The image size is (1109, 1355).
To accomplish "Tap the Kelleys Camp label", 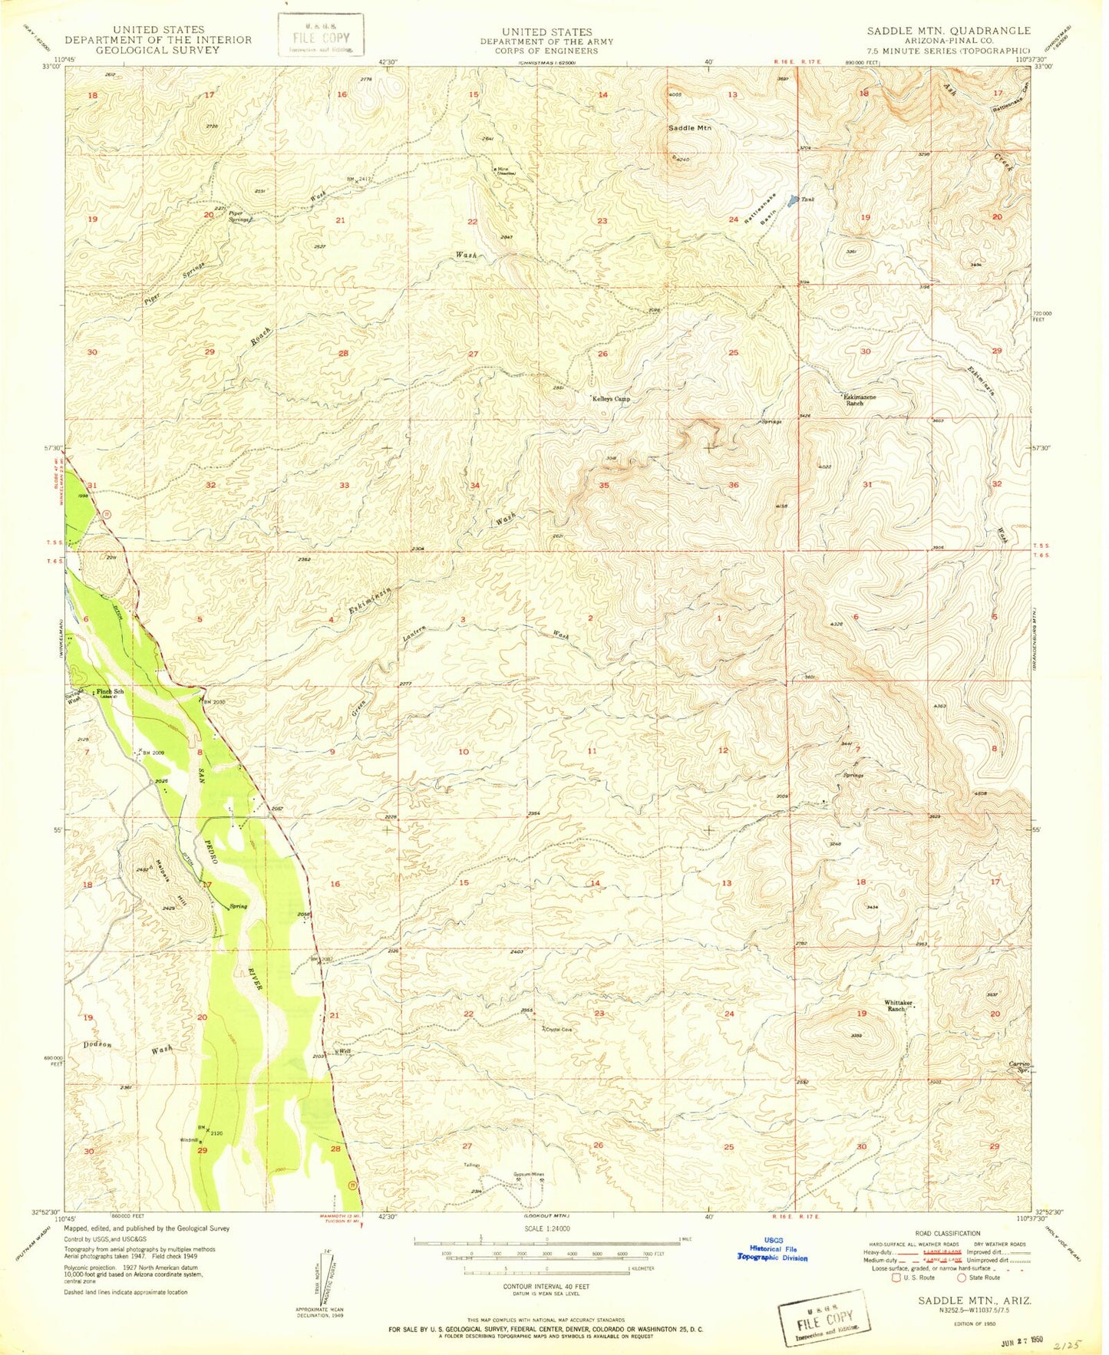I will (612, 399).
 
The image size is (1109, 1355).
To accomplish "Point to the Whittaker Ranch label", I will (899, 1007).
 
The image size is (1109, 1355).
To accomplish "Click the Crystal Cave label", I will (559, 1030).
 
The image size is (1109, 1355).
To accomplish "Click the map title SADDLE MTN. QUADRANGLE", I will (949, 31).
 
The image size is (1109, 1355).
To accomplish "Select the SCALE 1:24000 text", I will (546, 1228).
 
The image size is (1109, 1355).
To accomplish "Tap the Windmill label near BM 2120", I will (189, 1140).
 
